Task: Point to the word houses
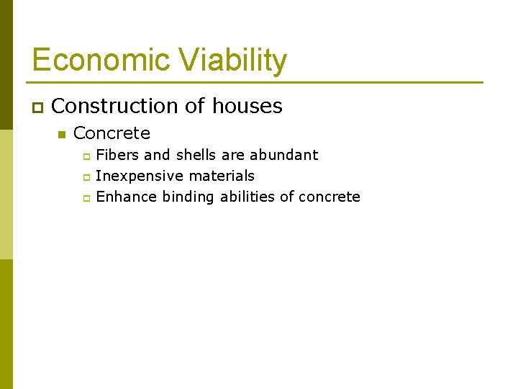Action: click(x=247, y=107)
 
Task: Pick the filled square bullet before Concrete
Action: click(x=61, y=135)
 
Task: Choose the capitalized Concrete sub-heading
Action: click(x=112, y=133)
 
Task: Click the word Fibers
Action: click(x=117, y=155)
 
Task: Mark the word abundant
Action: click(x=283, y=155)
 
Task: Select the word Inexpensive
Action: click(x=140, y=176)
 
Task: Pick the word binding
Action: click(x=188, y=197)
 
